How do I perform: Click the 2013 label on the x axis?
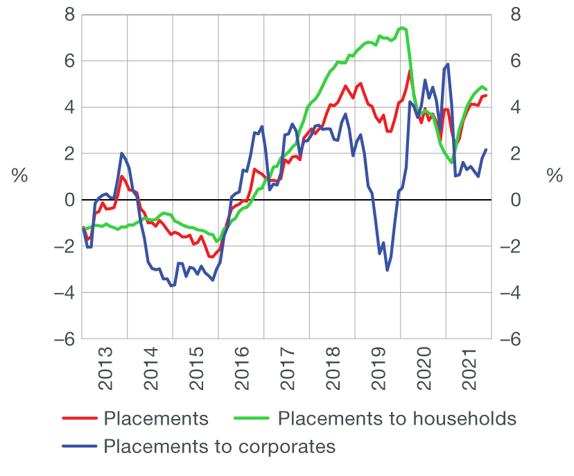(105, 374)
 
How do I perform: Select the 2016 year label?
(241, 374)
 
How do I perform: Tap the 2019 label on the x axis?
(378, 374)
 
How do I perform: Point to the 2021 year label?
(469, 374)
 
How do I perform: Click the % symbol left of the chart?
(19, 176)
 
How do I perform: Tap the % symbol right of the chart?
(555, 176)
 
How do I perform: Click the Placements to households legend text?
(397, 418)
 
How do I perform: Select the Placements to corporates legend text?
(219, 445)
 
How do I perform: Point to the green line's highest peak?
(402, 28)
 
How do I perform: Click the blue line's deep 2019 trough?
(387, 270)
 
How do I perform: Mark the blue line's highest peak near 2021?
(449, 65)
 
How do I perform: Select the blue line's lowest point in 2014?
(171, 285)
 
